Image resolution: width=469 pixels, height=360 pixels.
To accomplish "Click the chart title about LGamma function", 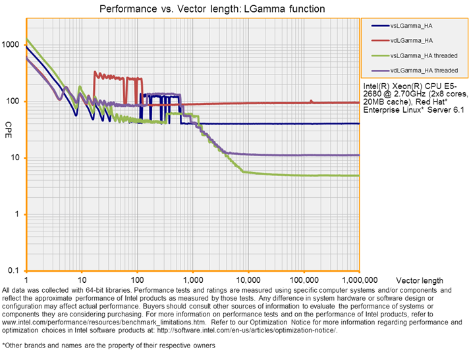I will coord(211,9).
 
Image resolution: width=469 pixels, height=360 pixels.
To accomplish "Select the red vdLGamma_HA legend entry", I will coord(412,40).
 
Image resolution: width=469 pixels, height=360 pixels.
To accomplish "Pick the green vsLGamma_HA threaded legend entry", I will coord(424,55).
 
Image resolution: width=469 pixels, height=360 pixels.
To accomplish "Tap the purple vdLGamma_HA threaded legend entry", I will coord(424,69).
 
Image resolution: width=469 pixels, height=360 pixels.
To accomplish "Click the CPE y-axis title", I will coord(9,125).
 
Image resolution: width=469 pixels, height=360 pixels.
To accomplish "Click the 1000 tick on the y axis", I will coord(12,45).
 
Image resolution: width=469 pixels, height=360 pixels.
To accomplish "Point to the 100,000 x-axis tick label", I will coord(304,280).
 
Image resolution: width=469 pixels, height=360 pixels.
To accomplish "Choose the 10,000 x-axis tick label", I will coord(248,280).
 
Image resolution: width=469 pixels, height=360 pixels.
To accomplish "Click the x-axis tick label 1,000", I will coord(193,280).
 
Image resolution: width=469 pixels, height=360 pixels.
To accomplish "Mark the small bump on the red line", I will coord(312,101).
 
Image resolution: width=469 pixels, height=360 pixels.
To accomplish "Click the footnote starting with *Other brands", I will coord(109,345).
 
